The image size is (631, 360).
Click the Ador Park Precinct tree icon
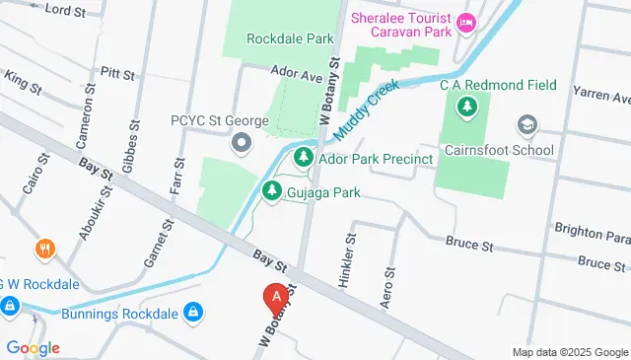[303, 159]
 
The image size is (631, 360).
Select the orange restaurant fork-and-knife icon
[42, 250]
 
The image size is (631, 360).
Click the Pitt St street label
[116, 72]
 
